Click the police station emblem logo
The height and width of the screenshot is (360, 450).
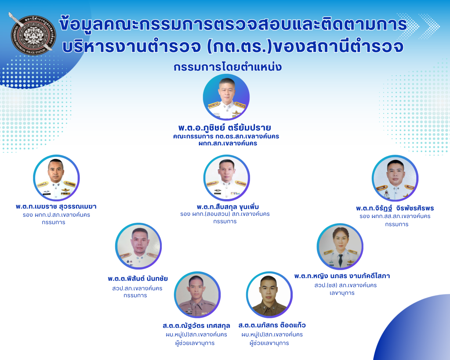tap(32, 34)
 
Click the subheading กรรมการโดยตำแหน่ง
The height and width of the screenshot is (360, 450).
tap(228, 67)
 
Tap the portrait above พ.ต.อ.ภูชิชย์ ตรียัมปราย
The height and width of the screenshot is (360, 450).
tap(226, 97)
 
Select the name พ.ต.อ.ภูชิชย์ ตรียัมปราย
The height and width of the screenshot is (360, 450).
tap(225, 127)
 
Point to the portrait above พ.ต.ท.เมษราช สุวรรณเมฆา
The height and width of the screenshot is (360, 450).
tap(56, 178)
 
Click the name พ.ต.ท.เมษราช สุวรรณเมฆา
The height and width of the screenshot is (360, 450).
tap(56, 207)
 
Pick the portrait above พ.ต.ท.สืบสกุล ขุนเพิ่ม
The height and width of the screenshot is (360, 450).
tap(227, 178)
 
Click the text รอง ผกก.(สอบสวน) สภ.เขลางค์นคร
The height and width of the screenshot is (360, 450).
tap(225, 214)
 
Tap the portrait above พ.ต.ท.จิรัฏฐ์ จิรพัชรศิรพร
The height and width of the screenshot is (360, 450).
tap(395, 178)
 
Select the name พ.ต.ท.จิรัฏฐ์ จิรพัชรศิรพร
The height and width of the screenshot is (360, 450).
tap(395, 208)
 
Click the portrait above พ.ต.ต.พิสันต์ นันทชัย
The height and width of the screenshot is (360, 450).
tap(138, 246)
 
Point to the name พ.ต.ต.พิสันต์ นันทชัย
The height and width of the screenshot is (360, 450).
tap(138, 279)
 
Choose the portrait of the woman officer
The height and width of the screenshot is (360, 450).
tap(340, 246)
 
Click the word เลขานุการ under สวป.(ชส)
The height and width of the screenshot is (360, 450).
tap(342, 293)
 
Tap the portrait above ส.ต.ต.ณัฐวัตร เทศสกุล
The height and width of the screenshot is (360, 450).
tap(197, 295)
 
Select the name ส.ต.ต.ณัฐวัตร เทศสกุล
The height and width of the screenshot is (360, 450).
tap(196, 326)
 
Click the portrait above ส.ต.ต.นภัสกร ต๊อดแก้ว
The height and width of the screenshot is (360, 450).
tap(269, 295)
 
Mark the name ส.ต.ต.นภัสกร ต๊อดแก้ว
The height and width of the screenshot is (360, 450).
tap(272, 325)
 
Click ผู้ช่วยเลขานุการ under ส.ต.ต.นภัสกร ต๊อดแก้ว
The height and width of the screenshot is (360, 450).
tap(269, 343)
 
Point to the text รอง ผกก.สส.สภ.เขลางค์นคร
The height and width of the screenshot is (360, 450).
tap(395, 216)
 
